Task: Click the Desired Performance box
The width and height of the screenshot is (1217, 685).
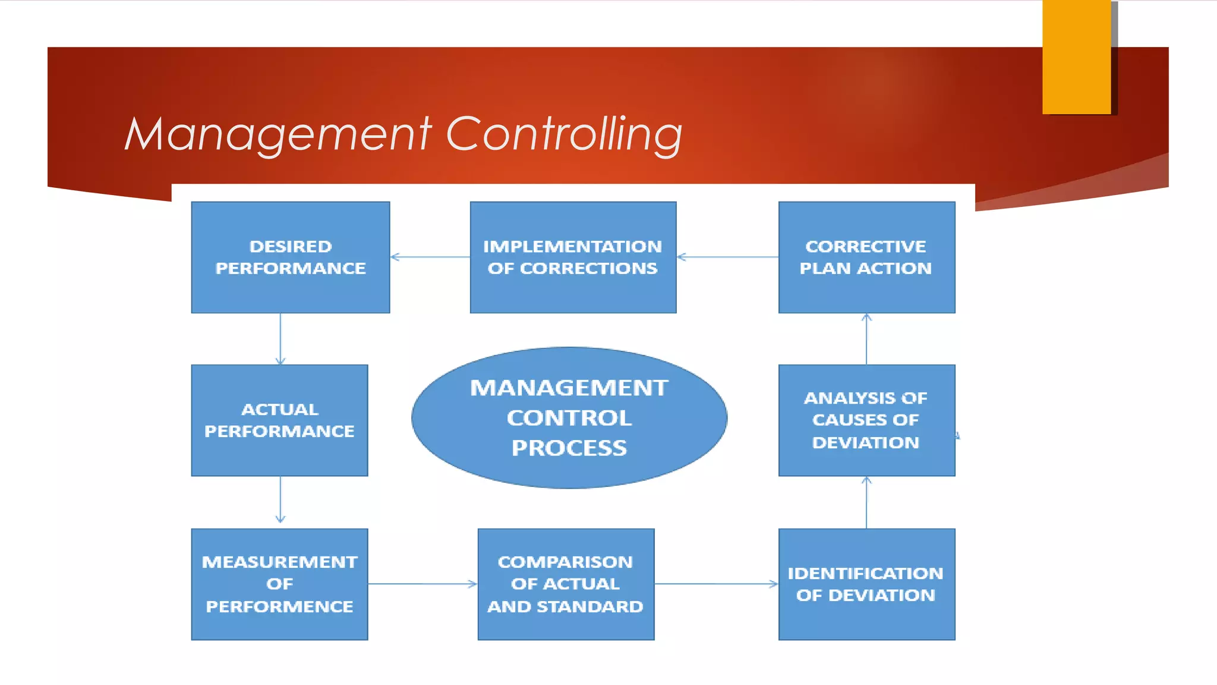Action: click(x=290, y=257)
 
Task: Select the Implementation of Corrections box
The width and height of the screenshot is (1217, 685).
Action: click(x=573, y=257)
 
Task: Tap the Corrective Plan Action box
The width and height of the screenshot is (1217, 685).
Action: click(x=866, y=257)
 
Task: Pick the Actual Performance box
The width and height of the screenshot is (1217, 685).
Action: click(x=279, y=420)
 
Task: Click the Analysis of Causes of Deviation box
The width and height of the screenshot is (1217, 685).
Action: click(x=866, y=420)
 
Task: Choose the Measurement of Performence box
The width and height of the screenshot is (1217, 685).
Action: click(x=279, y=584)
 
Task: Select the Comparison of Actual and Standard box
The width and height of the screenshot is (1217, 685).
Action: click(x=566, y=584)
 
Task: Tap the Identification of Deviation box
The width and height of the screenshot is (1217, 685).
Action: click(x=866, y=584)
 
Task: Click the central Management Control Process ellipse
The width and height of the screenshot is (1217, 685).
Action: click(x=569, y=417)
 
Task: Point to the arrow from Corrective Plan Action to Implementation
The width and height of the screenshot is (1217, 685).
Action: click(x=727, y=257)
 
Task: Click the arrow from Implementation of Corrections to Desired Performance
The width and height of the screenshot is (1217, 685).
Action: click(x=430, y=257)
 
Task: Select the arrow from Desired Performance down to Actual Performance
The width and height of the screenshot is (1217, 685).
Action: click(x=280, y=339)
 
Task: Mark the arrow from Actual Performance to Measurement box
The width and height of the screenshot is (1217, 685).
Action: click(x=280, y=501)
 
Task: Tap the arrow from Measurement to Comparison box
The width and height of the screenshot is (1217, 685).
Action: click(x=423, y=584)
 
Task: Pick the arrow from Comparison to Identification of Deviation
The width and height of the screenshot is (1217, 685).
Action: click(x=716, y=584)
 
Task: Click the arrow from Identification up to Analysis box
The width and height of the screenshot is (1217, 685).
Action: click(x=866, y=502)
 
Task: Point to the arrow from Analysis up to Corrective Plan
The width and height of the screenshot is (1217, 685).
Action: click(x=866, y=339)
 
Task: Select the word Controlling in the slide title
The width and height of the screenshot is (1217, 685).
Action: click(x=564, y=134)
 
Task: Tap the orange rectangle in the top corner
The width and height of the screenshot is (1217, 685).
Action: click(x=1076, y=56)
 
